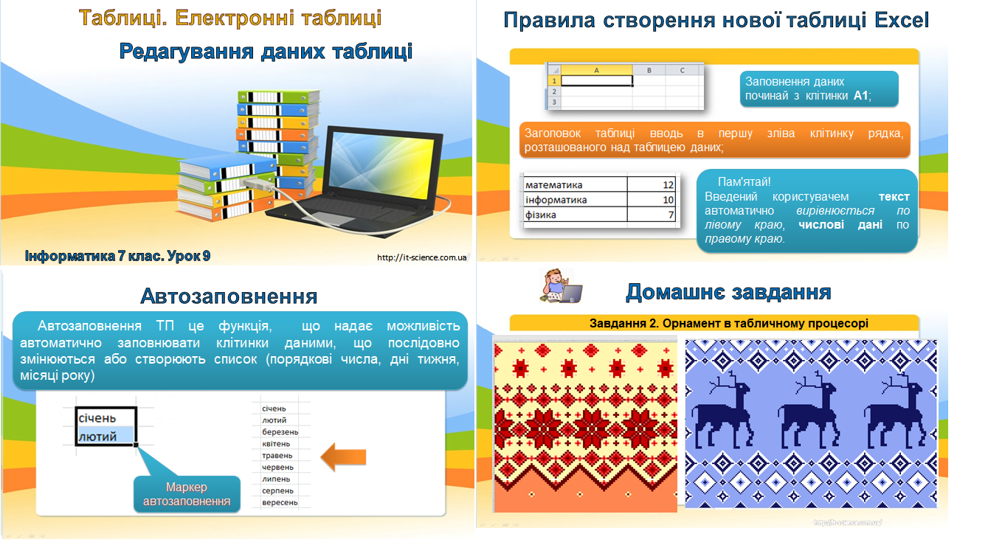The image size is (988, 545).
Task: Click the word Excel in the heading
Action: (x=900, y=20)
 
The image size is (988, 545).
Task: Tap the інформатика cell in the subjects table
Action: (x=556, y=200)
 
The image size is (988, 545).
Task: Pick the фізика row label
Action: (x=541, y=215)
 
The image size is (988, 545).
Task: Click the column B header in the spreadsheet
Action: (x=649, y=70)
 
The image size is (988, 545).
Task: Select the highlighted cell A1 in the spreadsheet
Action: (x=596, y=80)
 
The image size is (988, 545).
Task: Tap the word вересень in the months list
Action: (x=280, y=502)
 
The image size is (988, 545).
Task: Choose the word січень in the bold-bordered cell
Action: (x=97, y=418)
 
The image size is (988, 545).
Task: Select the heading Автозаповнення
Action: (x=229, y=296)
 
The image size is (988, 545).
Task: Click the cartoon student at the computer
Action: (x=559, y=288)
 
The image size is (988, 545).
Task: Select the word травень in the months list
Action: (x=277, y=456)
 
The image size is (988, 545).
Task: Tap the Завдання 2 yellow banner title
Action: (x=728, y=323)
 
